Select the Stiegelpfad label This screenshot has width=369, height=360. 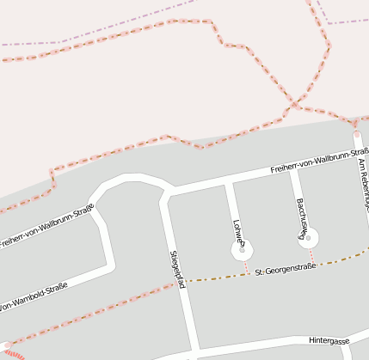[177, 269]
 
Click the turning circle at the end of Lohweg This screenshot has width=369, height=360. [243, 251]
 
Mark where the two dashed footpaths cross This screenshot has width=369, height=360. [295, 105]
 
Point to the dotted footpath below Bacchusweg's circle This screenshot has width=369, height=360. [312, 256]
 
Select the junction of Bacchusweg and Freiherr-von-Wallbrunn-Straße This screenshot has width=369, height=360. [293, 170]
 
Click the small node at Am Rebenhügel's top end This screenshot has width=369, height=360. [356, 134]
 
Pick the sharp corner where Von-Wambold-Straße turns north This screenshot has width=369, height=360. [111, 265]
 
